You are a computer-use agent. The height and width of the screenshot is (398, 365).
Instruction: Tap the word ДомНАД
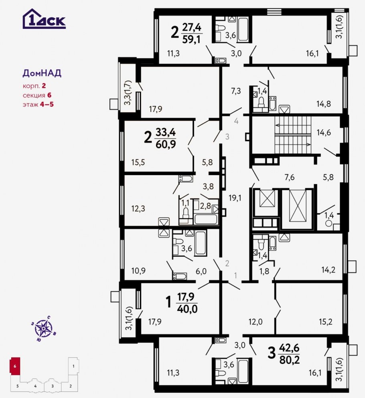click(x=42, y=73)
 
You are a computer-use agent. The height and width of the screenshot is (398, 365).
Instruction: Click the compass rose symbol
click(x=43, y=329)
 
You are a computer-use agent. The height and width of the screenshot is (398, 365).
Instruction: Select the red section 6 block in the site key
click(x=15, y=366)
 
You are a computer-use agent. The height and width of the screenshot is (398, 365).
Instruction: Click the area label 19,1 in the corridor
click(x=235, y=198)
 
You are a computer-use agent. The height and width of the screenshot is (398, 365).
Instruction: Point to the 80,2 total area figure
click(x=289, y=360)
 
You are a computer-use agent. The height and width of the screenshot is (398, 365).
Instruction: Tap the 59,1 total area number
click(x=191, y=39)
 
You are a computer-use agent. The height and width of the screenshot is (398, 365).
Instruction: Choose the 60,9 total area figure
click(x=166, y=144)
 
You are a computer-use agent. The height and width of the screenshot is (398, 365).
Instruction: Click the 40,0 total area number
click(x=187, y=309)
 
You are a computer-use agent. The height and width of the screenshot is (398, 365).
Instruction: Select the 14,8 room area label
click(x=324, y=104)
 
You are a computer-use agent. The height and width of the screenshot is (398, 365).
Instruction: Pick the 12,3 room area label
click(x=138, y=209)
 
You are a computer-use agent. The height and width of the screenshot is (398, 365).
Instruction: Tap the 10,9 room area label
click(x=138, y=271)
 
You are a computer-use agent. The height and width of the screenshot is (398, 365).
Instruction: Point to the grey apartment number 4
click(x=236, y=121)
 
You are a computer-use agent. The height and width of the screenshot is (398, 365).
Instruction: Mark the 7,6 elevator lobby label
click(x=290, y=177)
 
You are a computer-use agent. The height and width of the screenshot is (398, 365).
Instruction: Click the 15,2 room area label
click(x=326, y=321)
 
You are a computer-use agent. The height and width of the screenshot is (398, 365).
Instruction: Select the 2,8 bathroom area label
click(x=205, y=206)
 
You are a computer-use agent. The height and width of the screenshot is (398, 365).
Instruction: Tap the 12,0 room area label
click(x=255, y=321)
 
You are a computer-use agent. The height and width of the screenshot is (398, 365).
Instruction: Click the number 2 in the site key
click(x=70, y=386)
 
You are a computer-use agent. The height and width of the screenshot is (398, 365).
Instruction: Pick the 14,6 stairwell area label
click(x=324, y=132)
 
